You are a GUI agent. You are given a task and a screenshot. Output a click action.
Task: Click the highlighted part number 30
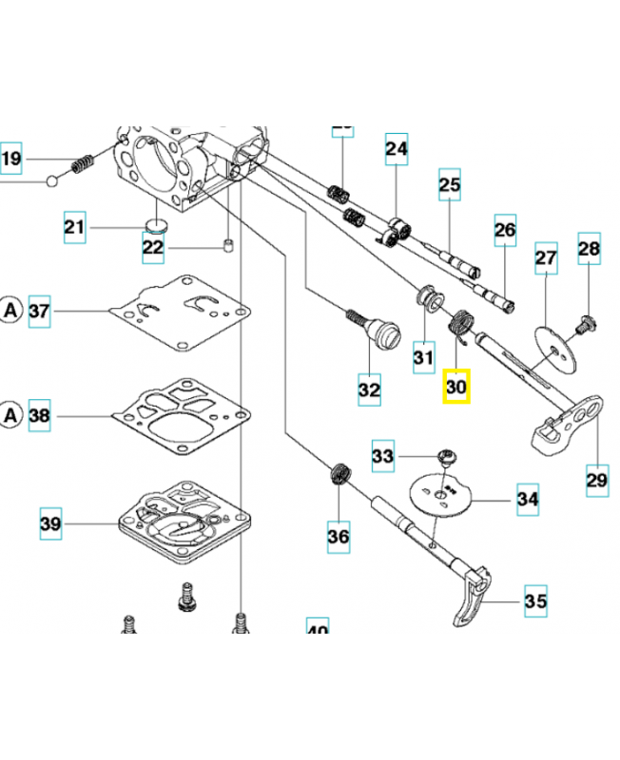[456, 388]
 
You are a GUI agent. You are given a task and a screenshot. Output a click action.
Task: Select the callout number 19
[10, 159]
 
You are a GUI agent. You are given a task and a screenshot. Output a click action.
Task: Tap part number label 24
[396, 149]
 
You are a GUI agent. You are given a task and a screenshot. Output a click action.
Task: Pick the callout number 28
[590, 249]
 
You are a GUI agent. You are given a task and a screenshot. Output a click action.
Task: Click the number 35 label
[535, 601]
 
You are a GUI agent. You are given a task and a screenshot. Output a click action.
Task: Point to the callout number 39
[50, 523]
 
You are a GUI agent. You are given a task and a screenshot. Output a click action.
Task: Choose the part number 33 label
[382, 457]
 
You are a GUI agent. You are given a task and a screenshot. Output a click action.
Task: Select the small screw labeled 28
[584, 324]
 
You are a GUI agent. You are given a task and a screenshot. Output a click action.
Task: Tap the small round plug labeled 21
[157, 225]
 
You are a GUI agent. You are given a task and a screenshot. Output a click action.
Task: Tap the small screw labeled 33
[444, 459]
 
